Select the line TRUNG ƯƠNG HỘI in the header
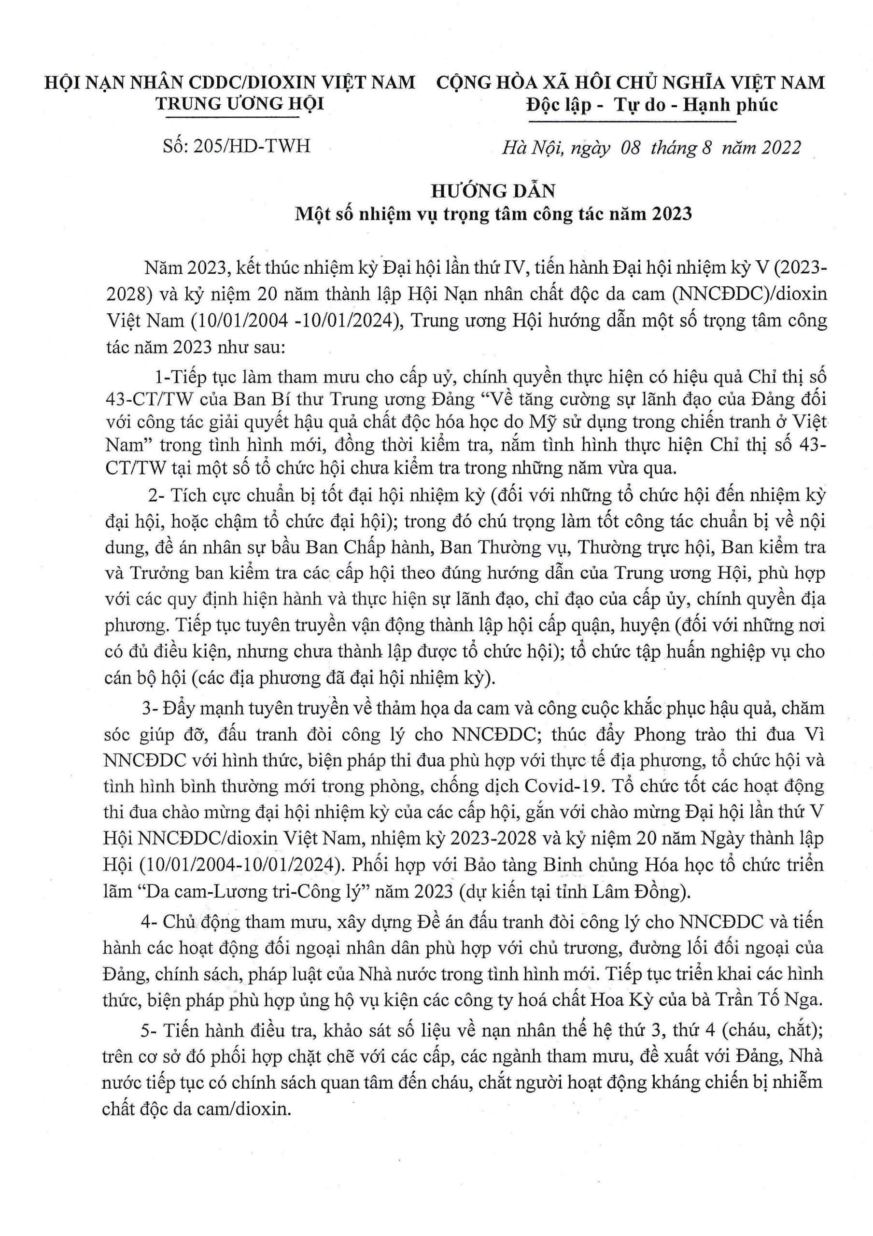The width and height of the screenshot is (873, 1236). (x=240, y=103)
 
